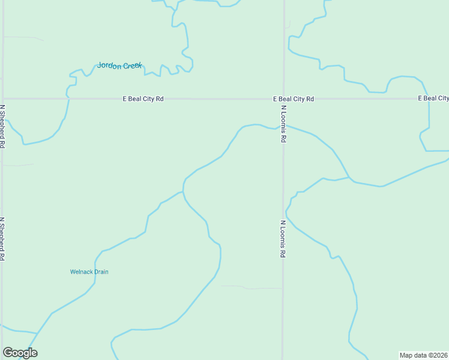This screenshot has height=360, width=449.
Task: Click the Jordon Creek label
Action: (x=120, y=65)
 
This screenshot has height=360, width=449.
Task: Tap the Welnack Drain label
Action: (x=89, y=272)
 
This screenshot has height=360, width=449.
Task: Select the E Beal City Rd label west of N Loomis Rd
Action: (x=143, y=98)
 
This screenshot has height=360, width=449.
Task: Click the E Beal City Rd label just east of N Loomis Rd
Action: (x=294, y=98)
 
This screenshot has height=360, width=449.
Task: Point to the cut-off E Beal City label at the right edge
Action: (x=433, y=98)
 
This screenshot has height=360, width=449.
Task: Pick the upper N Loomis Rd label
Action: (x=283, y=124)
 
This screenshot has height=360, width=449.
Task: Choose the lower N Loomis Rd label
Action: (x=283, y=239)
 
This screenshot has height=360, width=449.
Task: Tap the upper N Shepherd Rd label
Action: (x=3, y=127)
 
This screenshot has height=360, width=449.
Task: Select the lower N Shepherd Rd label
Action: (x=3, y=239)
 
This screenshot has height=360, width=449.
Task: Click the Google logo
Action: (x=20, y=353)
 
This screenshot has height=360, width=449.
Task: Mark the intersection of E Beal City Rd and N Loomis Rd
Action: (x=283, y=98)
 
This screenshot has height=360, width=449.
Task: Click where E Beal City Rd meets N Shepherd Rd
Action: (x=3, y=98)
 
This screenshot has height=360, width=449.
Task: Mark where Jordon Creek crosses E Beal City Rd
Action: (x=68, y=98)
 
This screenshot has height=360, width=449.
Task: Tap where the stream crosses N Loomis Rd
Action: (x=283, y=126)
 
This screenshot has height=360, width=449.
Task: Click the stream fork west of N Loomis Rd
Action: (x=183, y=192)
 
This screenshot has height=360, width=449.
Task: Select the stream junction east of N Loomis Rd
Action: (x=350, y=179)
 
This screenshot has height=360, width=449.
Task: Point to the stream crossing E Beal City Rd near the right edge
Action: (x=427, y=98)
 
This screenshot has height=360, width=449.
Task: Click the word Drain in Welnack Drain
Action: (x=100, y=272)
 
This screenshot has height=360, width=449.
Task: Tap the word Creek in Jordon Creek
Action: (x=133, y=65)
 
